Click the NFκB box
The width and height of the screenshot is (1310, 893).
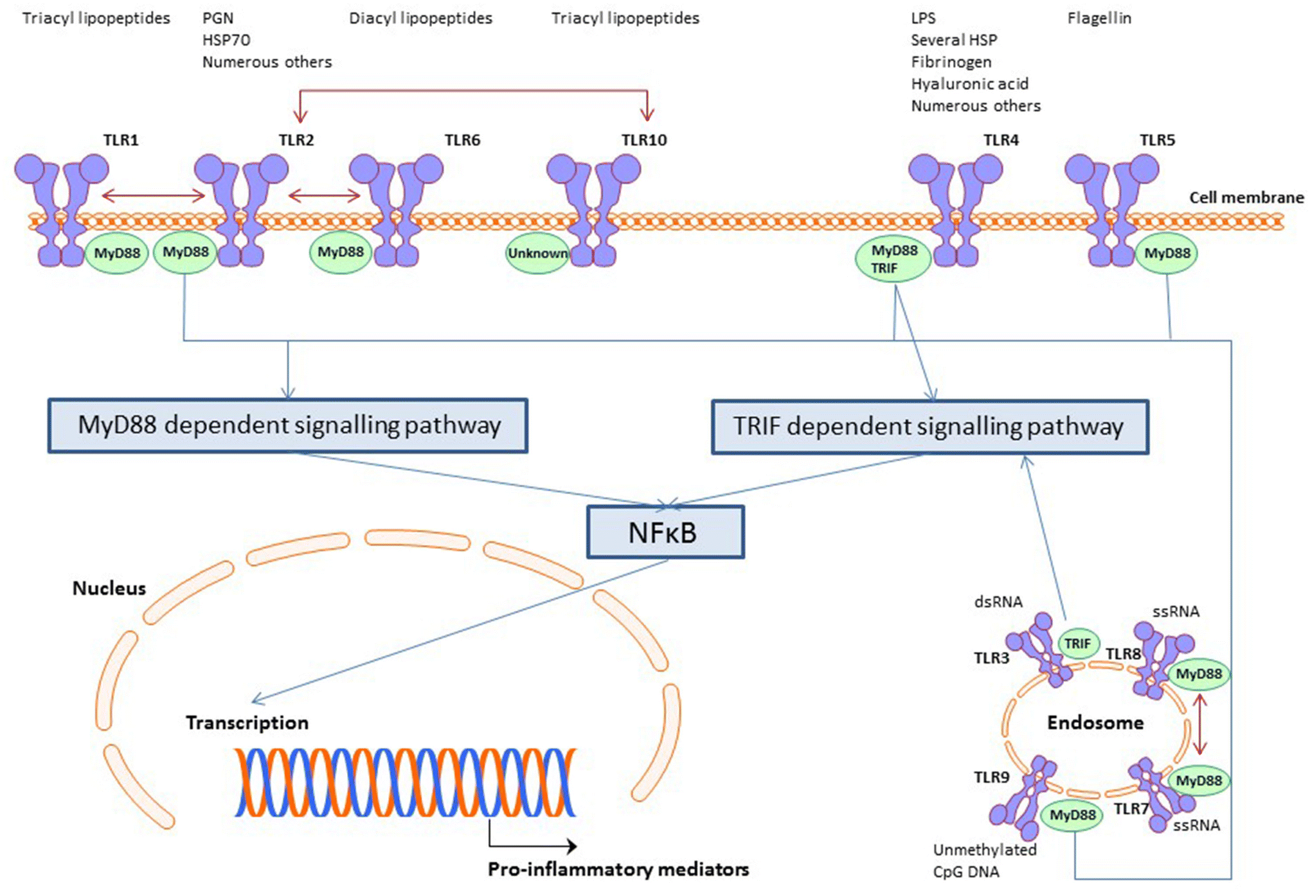click(665, 532)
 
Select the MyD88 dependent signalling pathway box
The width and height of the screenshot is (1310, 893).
click(288, 425)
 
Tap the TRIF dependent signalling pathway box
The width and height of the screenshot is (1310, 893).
click(929, 427)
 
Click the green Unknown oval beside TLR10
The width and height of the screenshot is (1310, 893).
click(537, 253)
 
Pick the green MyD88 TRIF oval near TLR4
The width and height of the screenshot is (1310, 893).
click(893, 259)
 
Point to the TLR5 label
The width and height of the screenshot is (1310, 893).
click(1157, 140)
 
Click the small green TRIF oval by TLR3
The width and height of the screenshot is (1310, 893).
click(1078, 644)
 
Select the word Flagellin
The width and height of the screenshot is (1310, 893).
click(1099, 18)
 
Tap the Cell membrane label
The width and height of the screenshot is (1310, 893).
click(1246, 197)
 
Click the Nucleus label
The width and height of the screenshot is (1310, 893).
click(109, 588)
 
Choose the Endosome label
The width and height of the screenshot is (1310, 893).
click(1095, 723)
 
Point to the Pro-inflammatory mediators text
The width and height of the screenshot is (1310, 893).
click(618, 869)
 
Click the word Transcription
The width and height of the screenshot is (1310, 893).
click(247, 723)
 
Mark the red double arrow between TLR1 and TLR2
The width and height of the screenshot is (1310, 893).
click(153, 195)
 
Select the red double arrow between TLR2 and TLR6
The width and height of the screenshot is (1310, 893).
click(324, 195)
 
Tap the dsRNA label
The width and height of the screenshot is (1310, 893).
click(998, 602)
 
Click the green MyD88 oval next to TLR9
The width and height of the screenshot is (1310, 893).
click(1072, 815)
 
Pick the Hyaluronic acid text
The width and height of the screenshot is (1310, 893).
click(969, 84)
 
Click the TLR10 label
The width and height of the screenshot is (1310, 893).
click(644, 140)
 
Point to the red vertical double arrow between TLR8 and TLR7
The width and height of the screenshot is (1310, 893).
click(1199, 724)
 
